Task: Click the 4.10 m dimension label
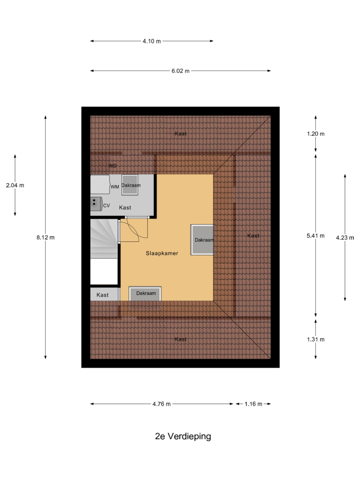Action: click(x=152, y=41)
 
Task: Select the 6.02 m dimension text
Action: click(x=180, y=71)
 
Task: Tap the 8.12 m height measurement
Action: click(x=46, y=238)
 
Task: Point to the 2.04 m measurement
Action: click(x=15, y=185)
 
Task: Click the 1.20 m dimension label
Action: click(x=316, y=134)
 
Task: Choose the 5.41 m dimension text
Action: click(x=316, y=236)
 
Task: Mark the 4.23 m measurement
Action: click(x=345, y=238)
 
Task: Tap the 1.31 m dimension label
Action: click(x=316, y=339)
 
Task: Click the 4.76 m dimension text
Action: click(x=162, y=404)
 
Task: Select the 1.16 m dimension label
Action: click(x=253, y=404)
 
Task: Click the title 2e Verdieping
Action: click(x=183, y=436)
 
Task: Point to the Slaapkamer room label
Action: click(x=162, y=253)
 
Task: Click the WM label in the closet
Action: click(x=115, y=187)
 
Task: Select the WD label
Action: click(x=113, y=166)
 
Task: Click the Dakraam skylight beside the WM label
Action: click(x=130, y=185)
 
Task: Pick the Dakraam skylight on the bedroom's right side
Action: click(x=203, y=240)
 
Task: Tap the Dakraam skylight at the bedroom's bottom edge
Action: click(x=145, y=294)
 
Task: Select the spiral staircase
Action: click(x=104, y=239)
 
